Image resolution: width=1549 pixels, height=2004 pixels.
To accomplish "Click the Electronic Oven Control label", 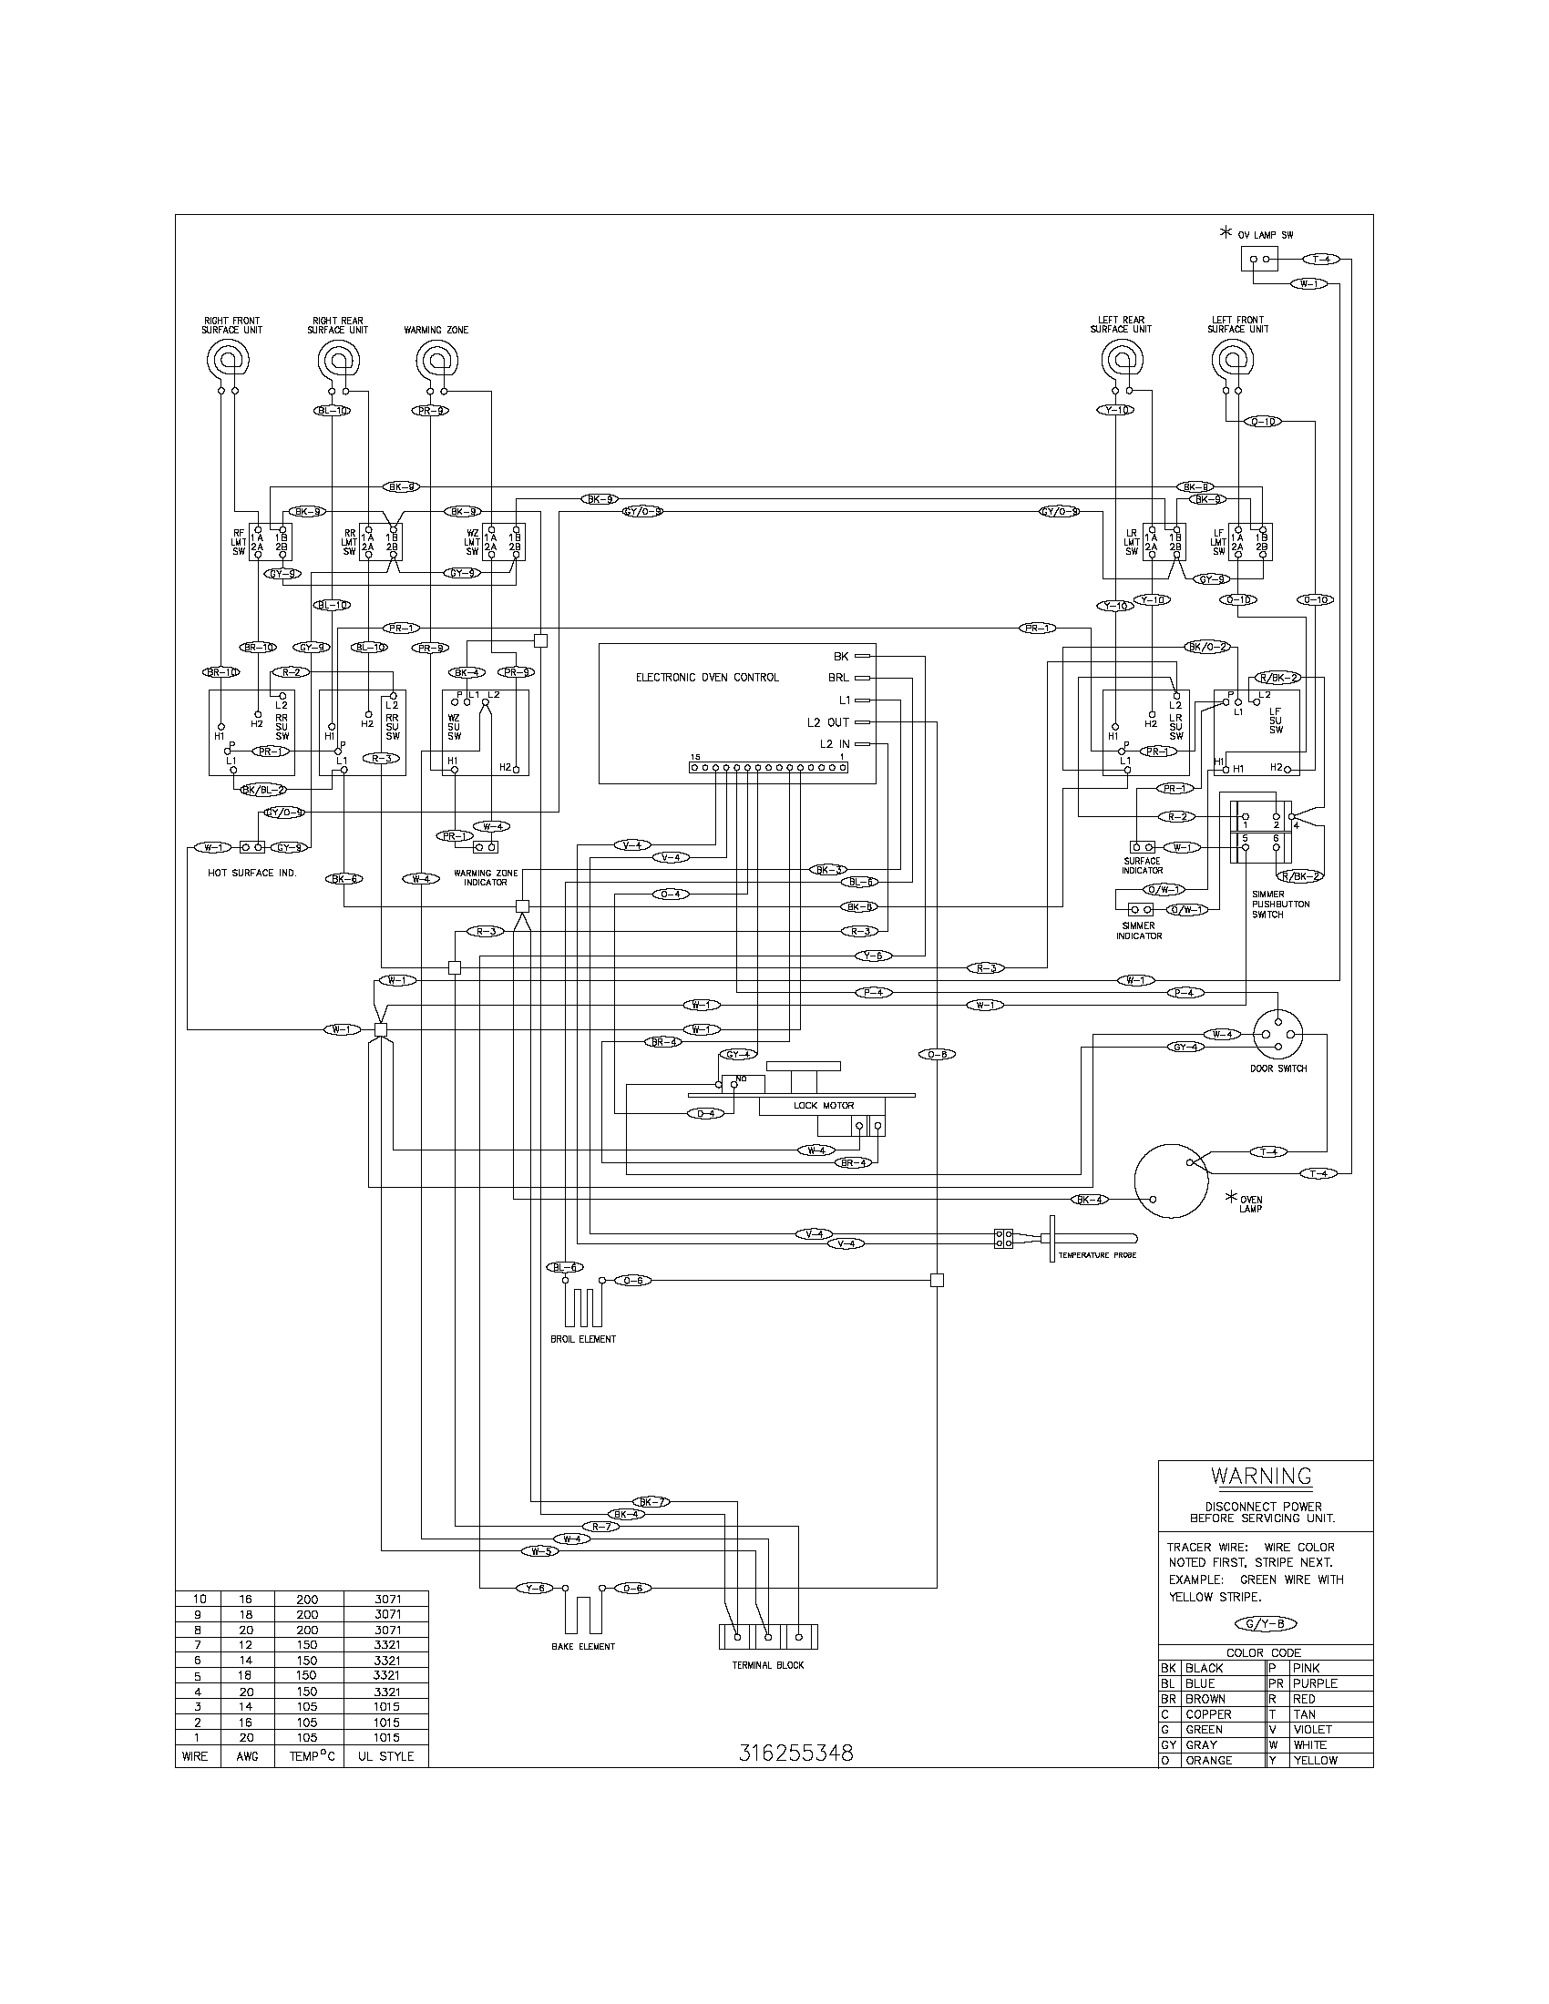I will [x=706, y=677].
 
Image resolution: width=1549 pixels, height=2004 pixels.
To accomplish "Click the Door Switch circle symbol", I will [x=1278, y=1034].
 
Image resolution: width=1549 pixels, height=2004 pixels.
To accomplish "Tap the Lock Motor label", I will [x=823, y=1106].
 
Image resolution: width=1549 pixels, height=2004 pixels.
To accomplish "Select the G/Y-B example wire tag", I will [x=1267, y=1623].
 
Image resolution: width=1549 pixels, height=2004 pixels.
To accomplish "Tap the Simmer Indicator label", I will [x=1139, y=930].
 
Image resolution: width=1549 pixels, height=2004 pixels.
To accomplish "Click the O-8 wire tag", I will [x=937, y=1055].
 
